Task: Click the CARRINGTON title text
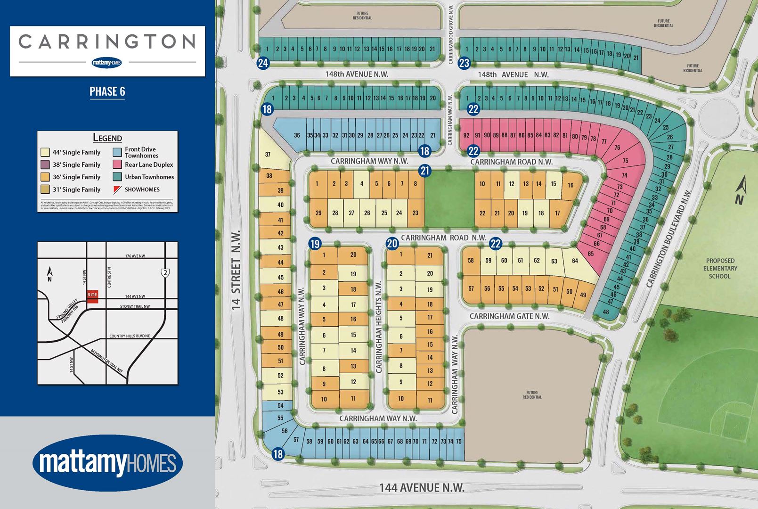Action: [x=107, y=41]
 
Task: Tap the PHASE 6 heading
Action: [x=107, y=91]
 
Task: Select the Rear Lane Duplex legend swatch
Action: [x=117, y=164]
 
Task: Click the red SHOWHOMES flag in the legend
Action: [x=117, y=189]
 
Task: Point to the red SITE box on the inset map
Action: [x=92, y=296]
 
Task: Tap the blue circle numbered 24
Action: [x=263, y=63]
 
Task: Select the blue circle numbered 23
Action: [x=465, y=63]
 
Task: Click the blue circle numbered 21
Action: [x=425, y=171]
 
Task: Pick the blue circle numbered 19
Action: [x=315, y=244]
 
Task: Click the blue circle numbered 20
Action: [x=392, y=244]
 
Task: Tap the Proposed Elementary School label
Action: [x=720, y=268]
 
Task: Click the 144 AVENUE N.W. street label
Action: [x=422, y=488]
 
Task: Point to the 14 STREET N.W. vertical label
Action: [x=236, y=270]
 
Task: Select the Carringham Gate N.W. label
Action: [x=509, y=316]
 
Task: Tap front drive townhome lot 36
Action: [x=297, y=135]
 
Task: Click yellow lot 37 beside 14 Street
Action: [x=268, y=155]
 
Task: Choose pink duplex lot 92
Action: [x=466, y=135]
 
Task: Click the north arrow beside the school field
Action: [x=740, y=191]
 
